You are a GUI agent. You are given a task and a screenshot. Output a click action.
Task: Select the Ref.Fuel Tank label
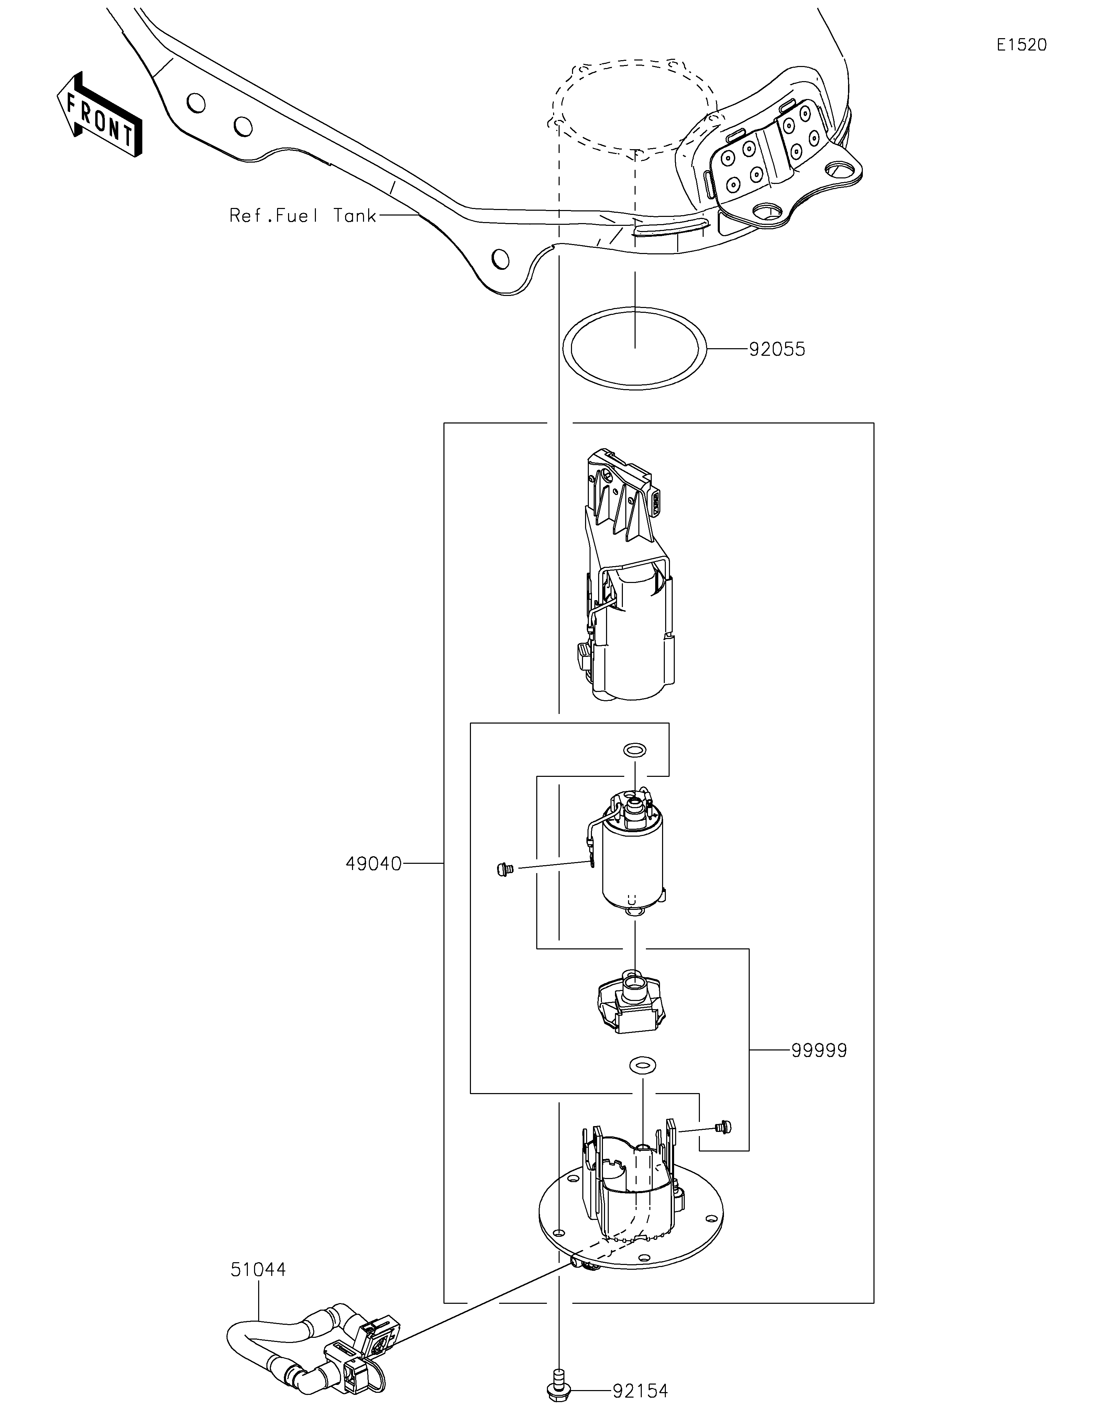302,216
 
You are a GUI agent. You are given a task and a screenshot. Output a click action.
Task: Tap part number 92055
777,349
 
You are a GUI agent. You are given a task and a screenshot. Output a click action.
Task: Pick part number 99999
818,1050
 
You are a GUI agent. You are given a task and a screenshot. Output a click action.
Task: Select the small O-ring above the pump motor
635,750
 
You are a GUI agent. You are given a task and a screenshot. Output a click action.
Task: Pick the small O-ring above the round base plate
642,1066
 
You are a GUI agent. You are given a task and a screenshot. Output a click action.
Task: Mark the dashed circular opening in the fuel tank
634,104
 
